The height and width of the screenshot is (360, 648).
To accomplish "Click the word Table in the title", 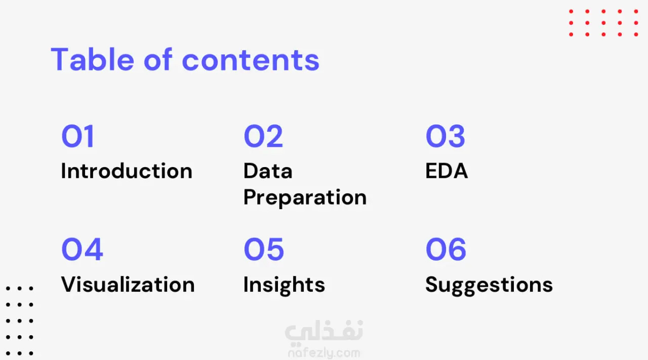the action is [92, 59].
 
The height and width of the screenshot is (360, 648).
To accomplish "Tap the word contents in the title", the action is [251, 60].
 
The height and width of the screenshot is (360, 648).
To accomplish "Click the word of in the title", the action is [158, 59].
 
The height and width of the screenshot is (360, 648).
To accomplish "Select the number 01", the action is [78, 136].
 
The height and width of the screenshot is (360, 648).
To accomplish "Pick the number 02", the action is [263, 136].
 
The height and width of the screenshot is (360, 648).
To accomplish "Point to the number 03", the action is [445, 136].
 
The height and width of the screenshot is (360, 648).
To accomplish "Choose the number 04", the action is [82, 249].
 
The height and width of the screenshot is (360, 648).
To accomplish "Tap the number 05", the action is [264, 249].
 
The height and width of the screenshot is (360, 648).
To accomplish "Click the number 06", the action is [446, 249].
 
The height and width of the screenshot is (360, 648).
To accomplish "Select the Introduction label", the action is [127, 171].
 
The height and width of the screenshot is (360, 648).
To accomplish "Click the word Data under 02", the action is [268, 171].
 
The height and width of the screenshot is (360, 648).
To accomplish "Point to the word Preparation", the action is [305, 197].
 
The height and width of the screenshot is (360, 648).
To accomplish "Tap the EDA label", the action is [447, 171].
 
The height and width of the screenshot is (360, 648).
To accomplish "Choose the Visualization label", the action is [128, 284].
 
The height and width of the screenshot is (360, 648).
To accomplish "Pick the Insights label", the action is [284, 286].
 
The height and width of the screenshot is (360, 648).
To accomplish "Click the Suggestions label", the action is [489, 286].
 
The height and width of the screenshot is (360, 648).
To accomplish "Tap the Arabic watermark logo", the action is [324, 333].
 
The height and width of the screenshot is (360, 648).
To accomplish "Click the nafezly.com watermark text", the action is [324, 353].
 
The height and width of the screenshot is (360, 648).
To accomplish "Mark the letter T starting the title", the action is [60, 59].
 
